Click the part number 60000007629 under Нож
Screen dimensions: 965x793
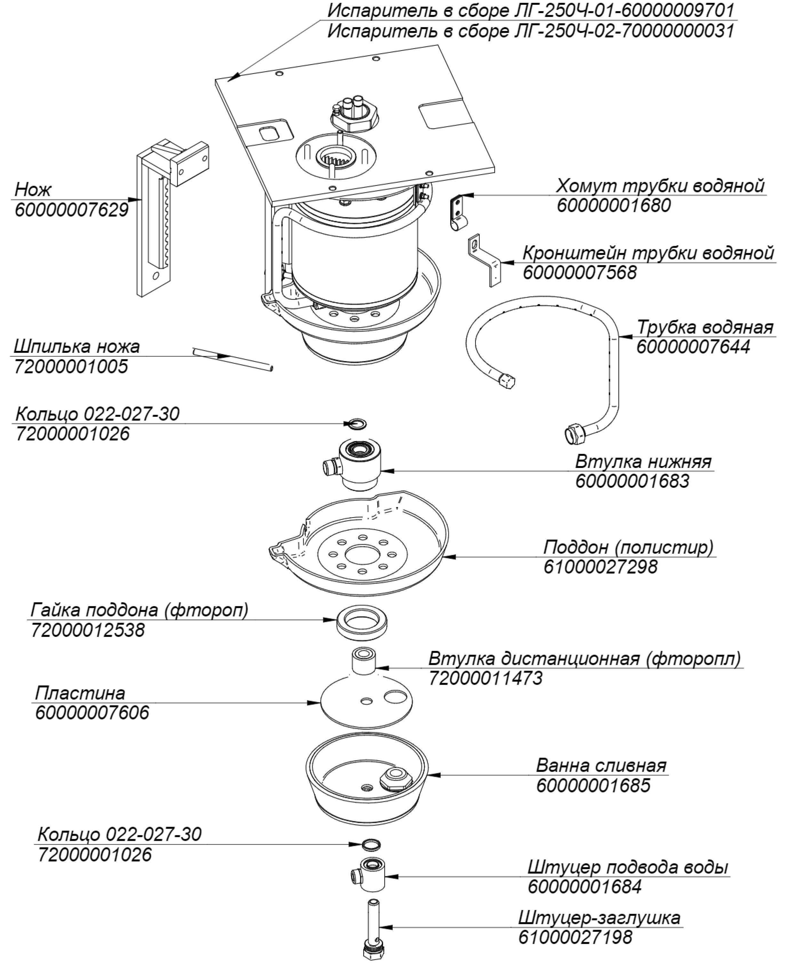click(x=71, y=211)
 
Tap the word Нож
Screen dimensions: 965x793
click(x=33, y=189)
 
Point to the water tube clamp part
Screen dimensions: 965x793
click(x=458, y=212)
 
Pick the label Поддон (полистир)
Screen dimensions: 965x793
click(x=628, y=547)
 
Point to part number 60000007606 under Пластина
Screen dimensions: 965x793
click(x=92, y=713)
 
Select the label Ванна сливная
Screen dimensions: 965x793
click(x=601, y=765)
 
